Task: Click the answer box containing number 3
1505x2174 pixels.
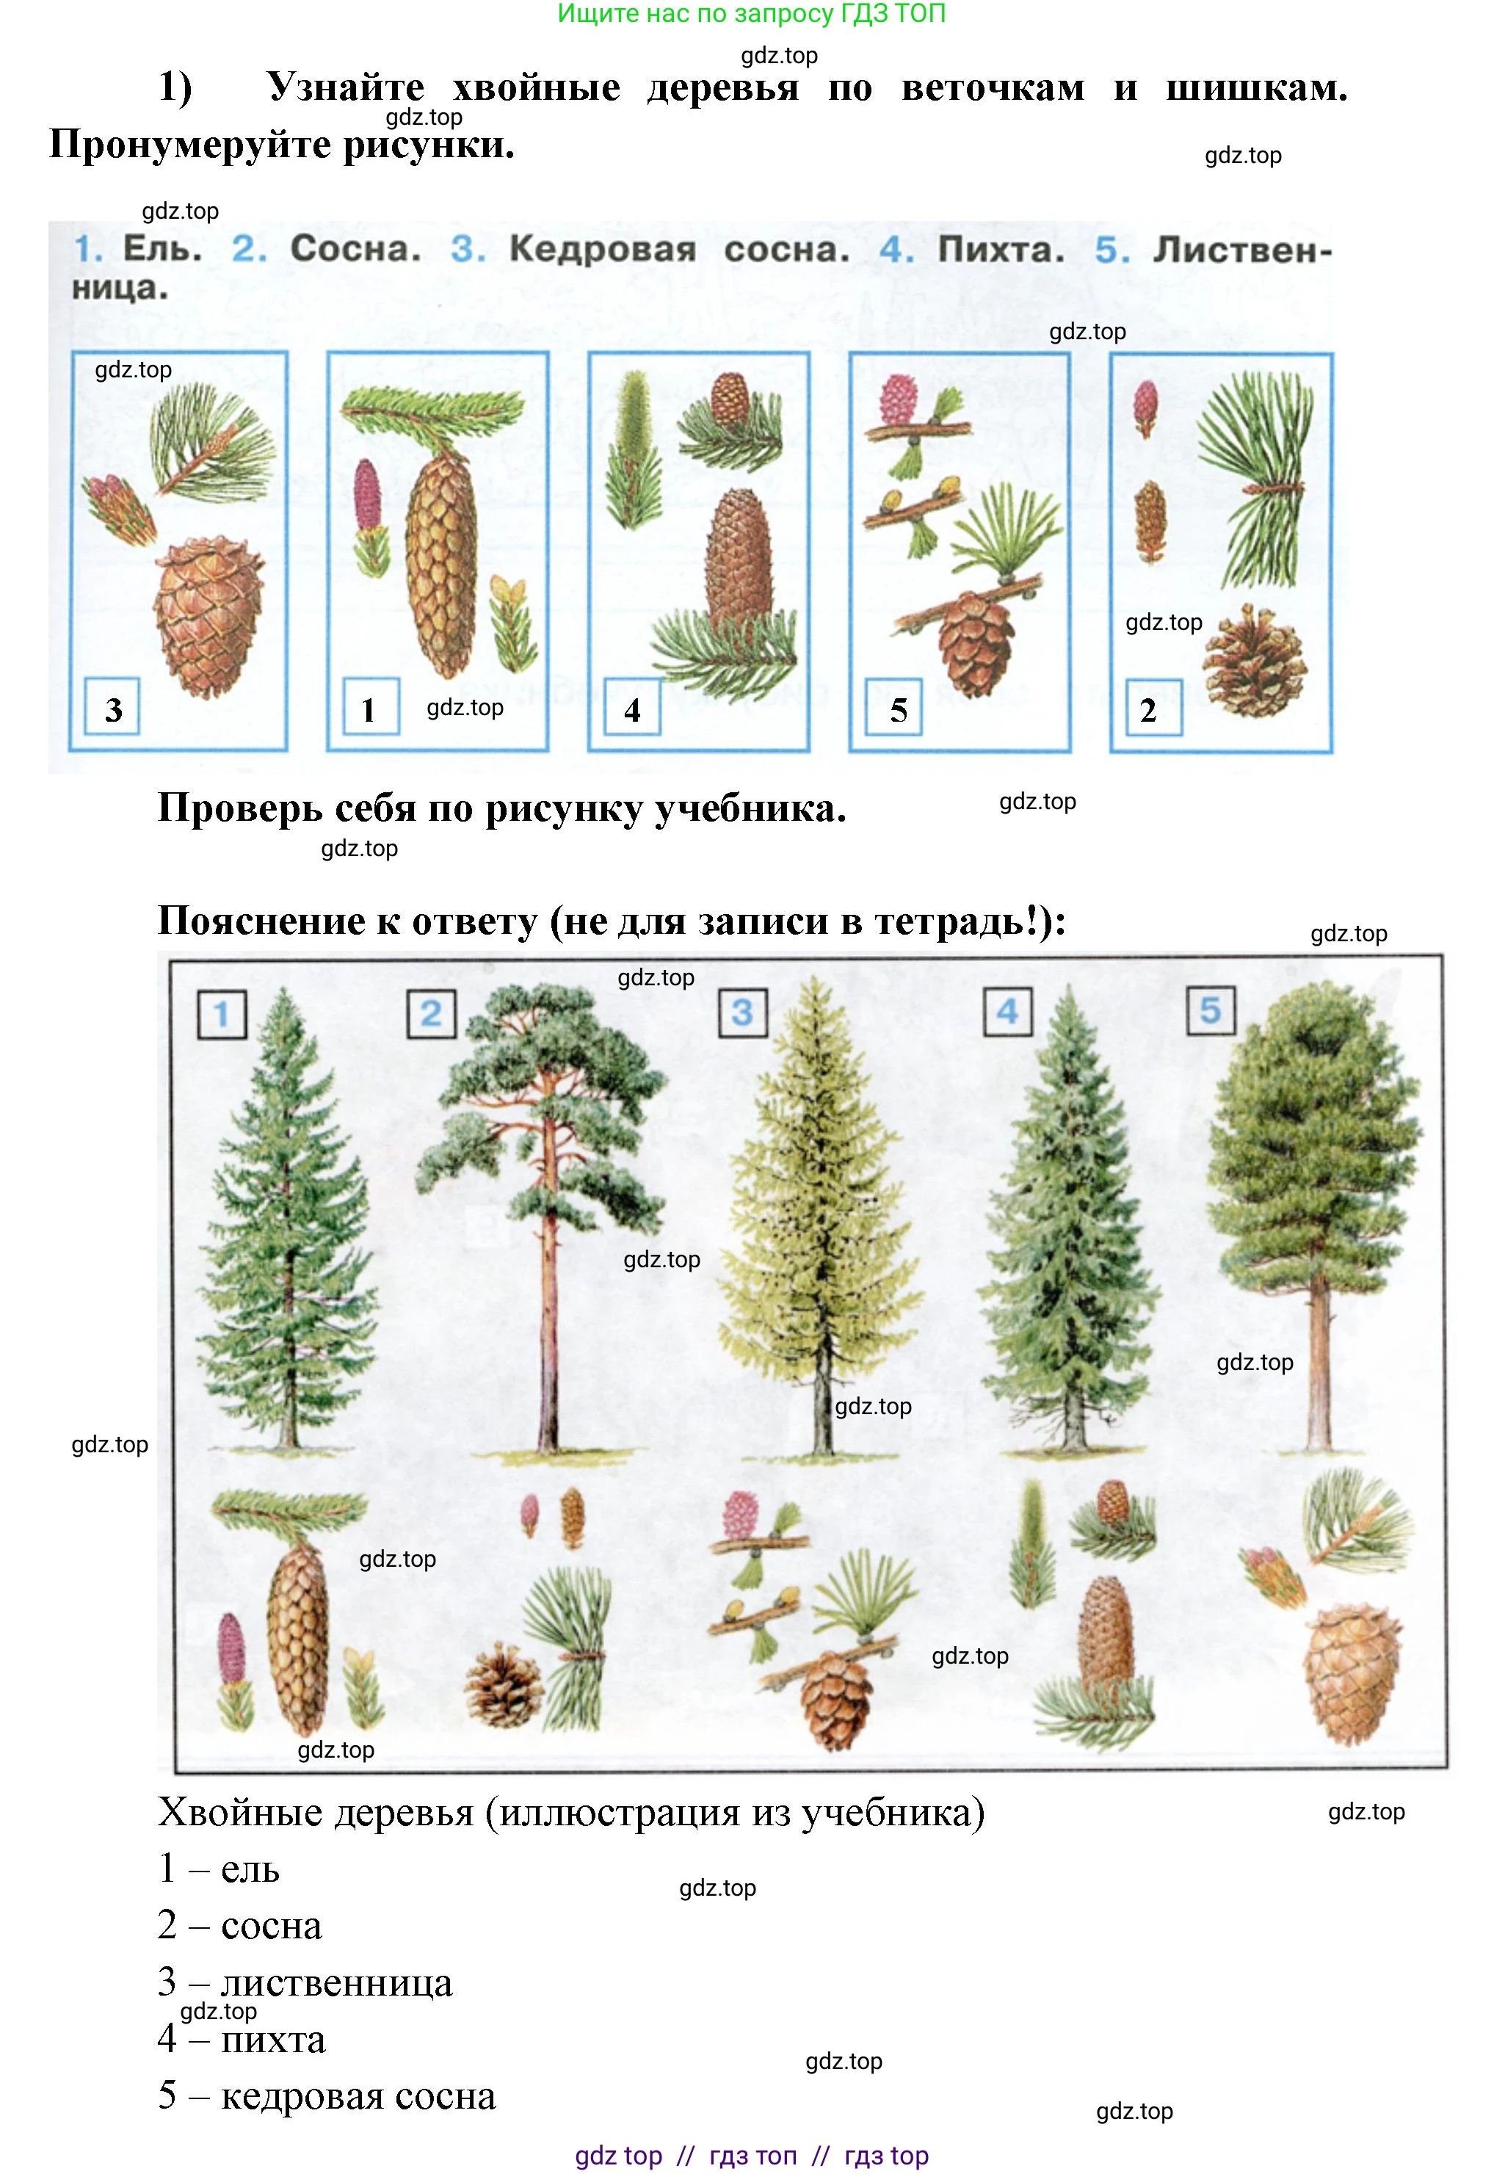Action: pyautogui.click(x=112, y=706)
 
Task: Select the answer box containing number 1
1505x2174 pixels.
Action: pyautogui.click(x=371, y=706)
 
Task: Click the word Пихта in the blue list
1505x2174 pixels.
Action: pyautogui.click(x=1001, y=250)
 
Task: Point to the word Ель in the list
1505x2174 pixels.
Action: pyautogui.click(x=162, y=249)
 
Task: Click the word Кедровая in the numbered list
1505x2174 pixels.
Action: pyautogui.click(x=603, y=250)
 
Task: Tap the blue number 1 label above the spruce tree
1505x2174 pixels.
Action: pyautogui.click(x=222, y=1014)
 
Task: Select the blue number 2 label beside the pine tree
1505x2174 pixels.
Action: pyautogui.click(x=431, y=1014)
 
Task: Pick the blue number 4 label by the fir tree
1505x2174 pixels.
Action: pyautogui.click(x=1007, y=1012)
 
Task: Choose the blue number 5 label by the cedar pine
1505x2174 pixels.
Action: pyautogui.click(x=1211, y=1011)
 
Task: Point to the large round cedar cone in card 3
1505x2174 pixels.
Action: pyautogui.click(x=208, y=617)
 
